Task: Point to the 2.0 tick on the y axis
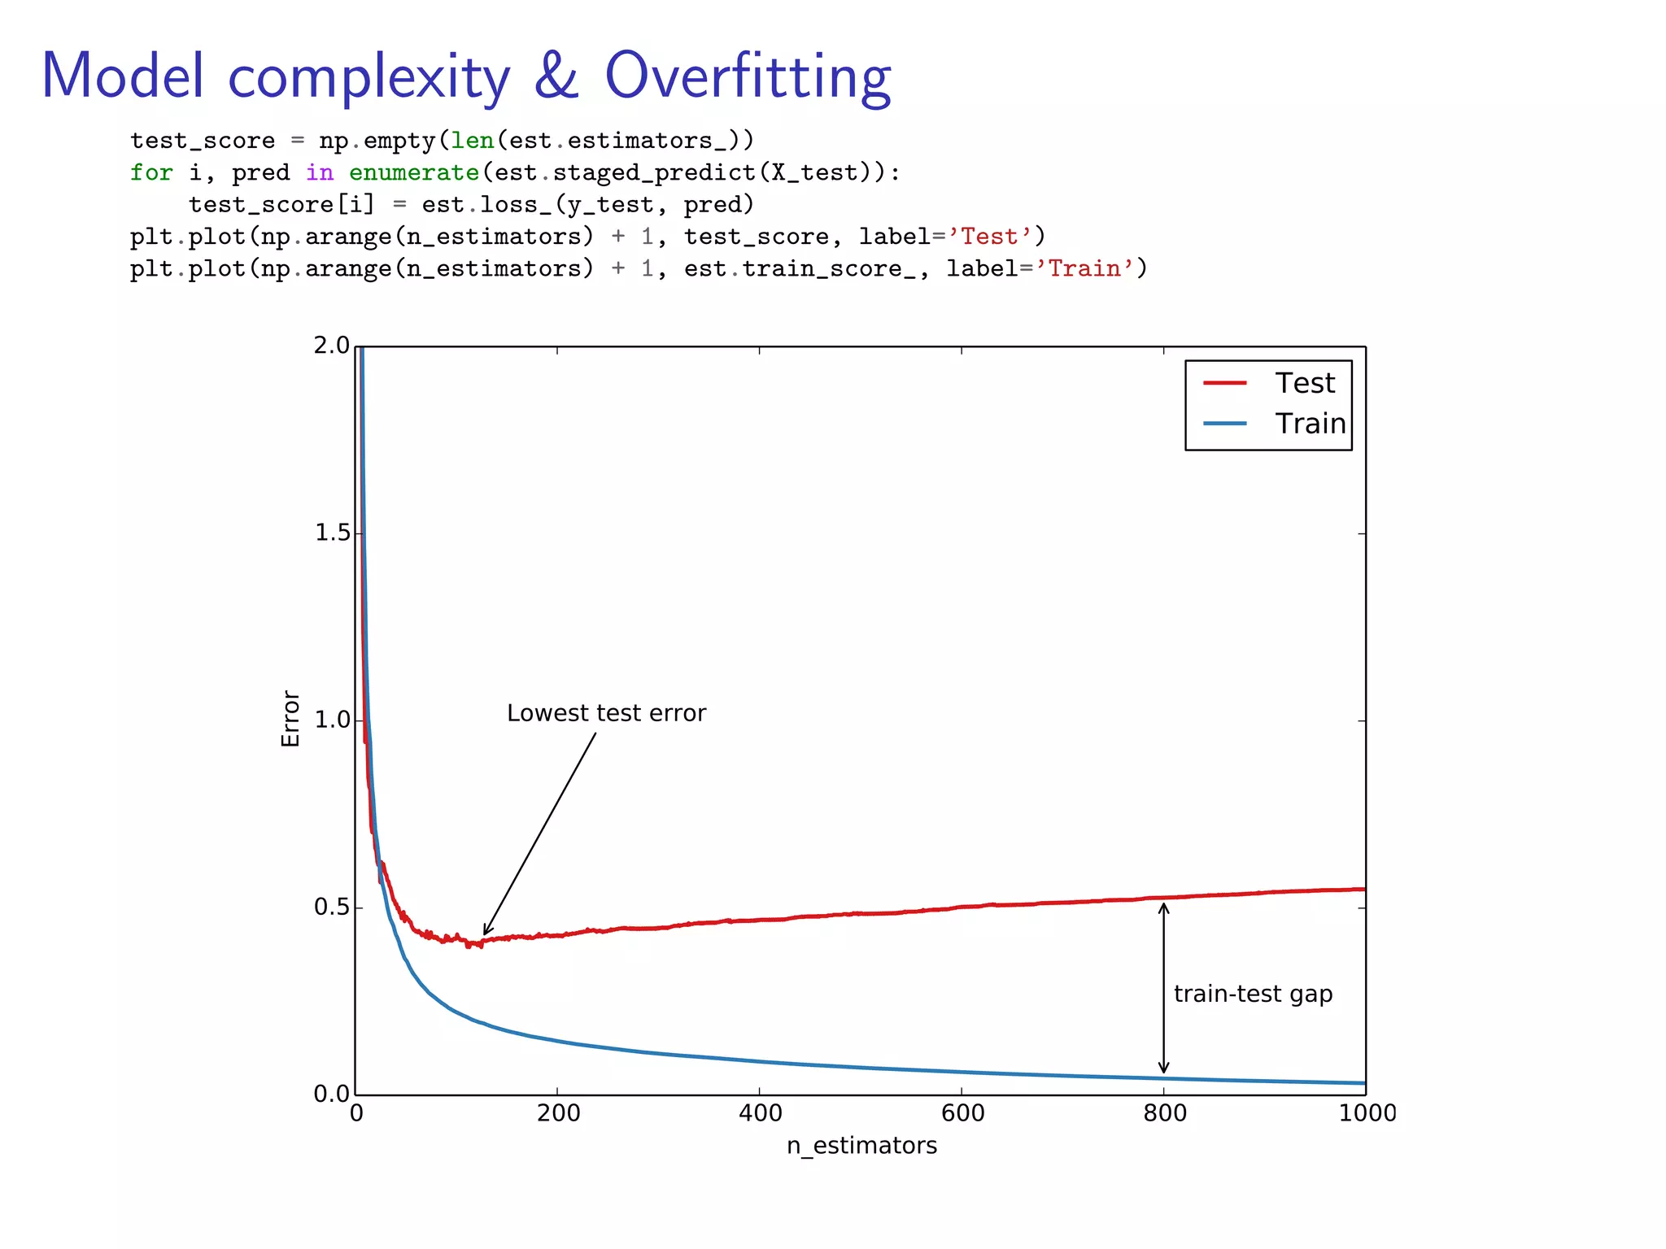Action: pos(331,346)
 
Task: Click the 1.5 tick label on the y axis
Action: pos(331,533)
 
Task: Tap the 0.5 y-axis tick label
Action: pos(331,907)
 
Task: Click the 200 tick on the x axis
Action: pos(558,1113)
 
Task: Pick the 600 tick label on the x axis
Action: pos(962,1113)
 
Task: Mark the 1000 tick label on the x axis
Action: pos(1367,1113)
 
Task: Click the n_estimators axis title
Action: pos(861,1146)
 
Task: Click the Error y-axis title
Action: pos(290,719)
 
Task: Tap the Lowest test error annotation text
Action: pos(606,713)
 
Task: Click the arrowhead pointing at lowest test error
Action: pos(486,932)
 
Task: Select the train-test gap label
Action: pos(1253,994)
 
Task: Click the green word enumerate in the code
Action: pos(413,172)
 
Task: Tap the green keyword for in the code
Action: pos(151,172)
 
